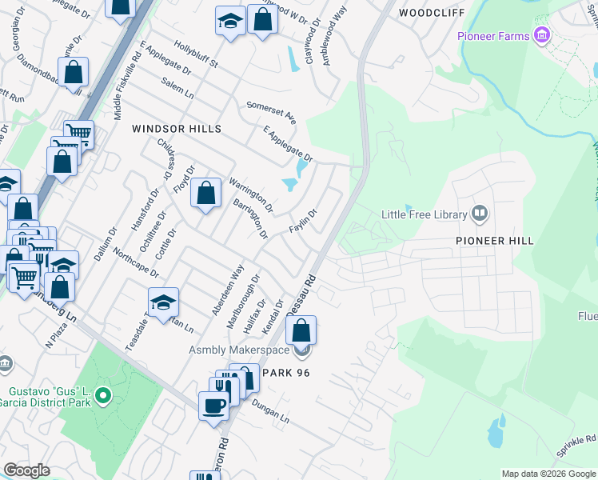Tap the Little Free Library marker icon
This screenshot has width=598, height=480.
tap(479, 213)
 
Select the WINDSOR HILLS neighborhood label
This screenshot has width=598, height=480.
tap(176, 129)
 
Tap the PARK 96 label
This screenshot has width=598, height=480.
tap(282, 374)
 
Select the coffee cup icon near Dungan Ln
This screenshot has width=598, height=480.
tap(213, 405)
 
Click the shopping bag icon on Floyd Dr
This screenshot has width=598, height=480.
tap(206, 193)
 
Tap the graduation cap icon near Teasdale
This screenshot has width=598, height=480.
tap(163, 302)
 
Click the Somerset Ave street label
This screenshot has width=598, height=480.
tap(271, 112)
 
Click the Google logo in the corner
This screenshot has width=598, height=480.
tap(26, 470)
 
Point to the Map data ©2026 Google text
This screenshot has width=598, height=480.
tap(548, 474)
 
